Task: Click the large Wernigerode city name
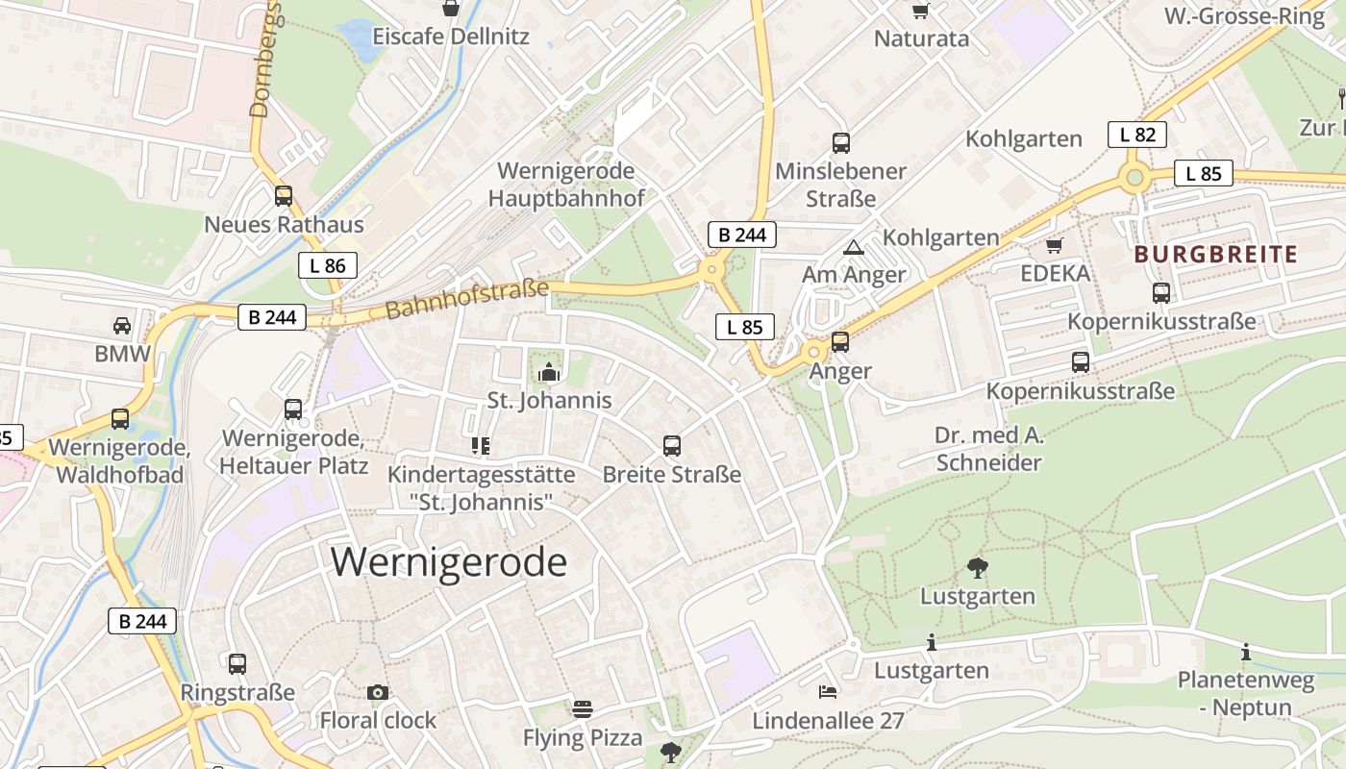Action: click(x=449, y=562)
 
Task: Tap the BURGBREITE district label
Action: click(x=1215, y=255)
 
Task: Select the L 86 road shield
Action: click(x=328, y=265)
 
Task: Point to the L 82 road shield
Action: click(x=1136, y=135)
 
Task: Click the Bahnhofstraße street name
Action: click(x=466, y=299)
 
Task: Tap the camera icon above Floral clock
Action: click(x=378, y=692)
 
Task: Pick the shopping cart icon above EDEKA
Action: click(x=1054, y=246)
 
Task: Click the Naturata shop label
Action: click(x=921, y=39)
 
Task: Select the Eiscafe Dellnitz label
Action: click(x=451, y=37)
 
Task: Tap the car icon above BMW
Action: click(x=122, y=325)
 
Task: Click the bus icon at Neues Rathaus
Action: click(x=284, y=196)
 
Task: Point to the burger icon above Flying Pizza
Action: click(x=582, y=709)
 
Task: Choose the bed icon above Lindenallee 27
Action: click(x=828, y=691)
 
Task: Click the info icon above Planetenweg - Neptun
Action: click(x=1246, y=653)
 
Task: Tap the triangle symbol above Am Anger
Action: click(x=853, y=248)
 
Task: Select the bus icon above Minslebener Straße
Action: click(x=841, y=143)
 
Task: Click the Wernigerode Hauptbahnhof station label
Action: click(x=565, y=185)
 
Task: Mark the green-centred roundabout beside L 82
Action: click(x=1135, y=177)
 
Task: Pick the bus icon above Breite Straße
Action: click(x=672, y=446)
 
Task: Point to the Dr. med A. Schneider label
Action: click(x=988, y=449)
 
